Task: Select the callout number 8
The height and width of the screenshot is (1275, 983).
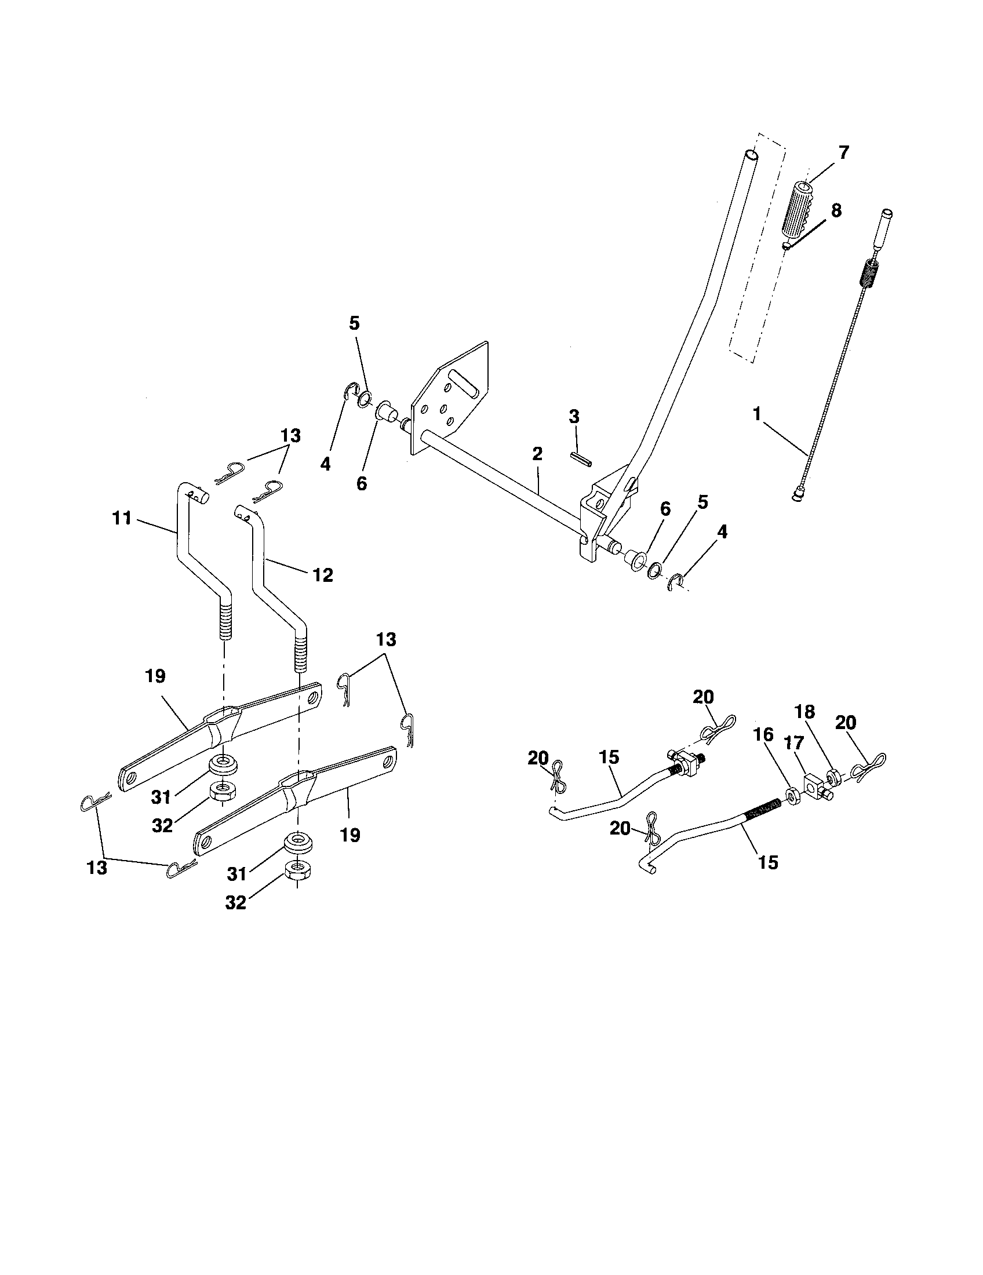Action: (836, 210)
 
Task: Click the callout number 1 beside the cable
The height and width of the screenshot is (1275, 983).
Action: (757, 414)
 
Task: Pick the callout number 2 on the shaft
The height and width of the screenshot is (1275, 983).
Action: (537, 454)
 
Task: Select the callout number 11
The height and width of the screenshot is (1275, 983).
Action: (122, 518)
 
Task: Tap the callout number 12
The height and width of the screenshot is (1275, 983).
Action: (322, 575)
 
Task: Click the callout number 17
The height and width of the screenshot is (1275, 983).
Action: (793, 743)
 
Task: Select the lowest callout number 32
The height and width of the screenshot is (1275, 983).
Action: (236, 902)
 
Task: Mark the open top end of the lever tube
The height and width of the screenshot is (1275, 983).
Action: (751, 156)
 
